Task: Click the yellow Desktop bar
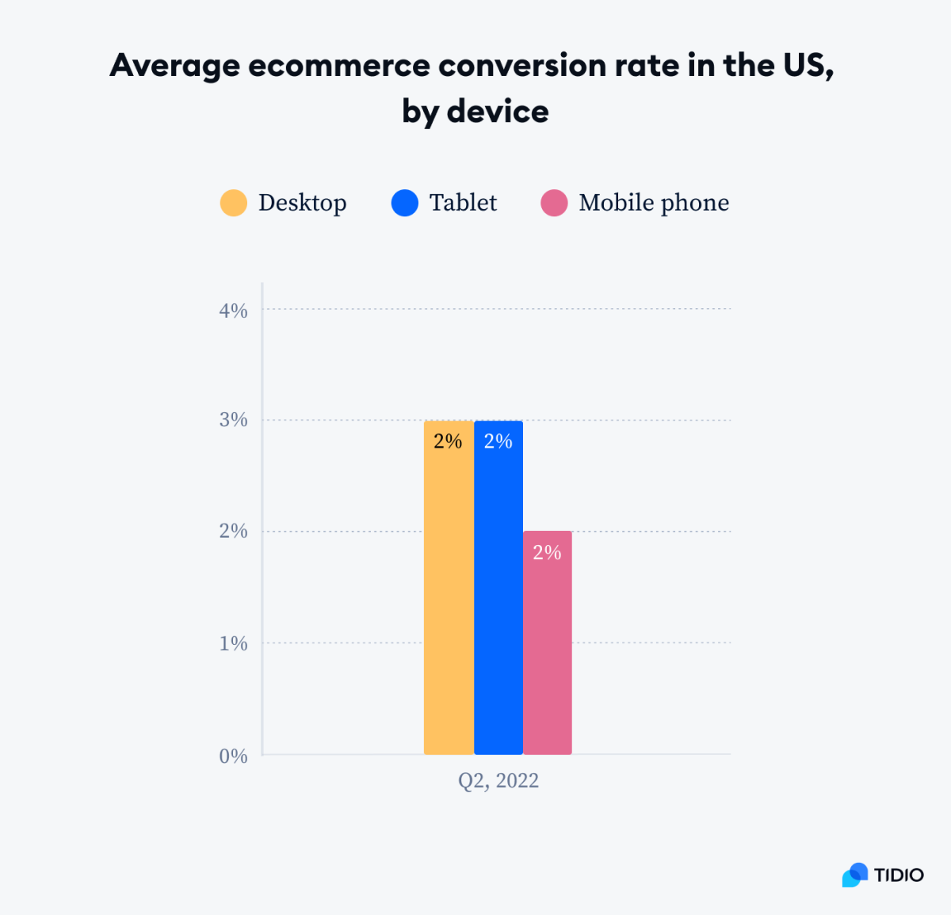(449, 602)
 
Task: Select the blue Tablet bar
(498, 602)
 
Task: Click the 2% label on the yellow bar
(448, 441)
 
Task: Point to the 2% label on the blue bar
(498, 441)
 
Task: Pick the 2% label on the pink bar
(547, 552)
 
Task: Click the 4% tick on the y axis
(233, 311)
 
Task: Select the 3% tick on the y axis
(233, 420)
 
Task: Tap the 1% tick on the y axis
(233, 643)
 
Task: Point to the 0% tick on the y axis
(233, 756)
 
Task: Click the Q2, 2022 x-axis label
(498, 781)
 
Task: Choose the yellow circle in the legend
(234, 203)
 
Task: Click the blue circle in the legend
(405, 203)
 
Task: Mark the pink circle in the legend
(554, 203)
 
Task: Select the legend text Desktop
(302, 203)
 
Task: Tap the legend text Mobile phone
(654, 203)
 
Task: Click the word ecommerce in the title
(339, 66)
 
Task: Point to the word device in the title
(498, 112)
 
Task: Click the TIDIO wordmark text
(899, 875)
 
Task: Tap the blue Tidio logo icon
(855, 875)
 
